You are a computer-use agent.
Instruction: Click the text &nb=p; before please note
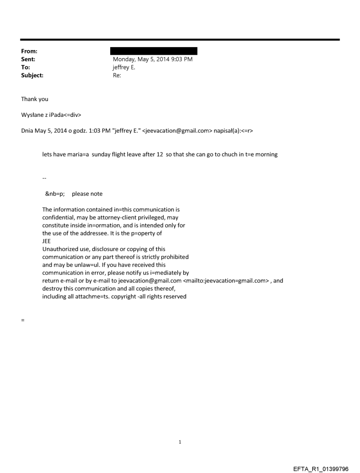coord(55,194)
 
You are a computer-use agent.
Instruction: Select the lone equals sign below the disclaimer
coord(22,320)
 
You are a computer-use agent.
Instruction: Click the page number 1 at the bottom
coord(180,442)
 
